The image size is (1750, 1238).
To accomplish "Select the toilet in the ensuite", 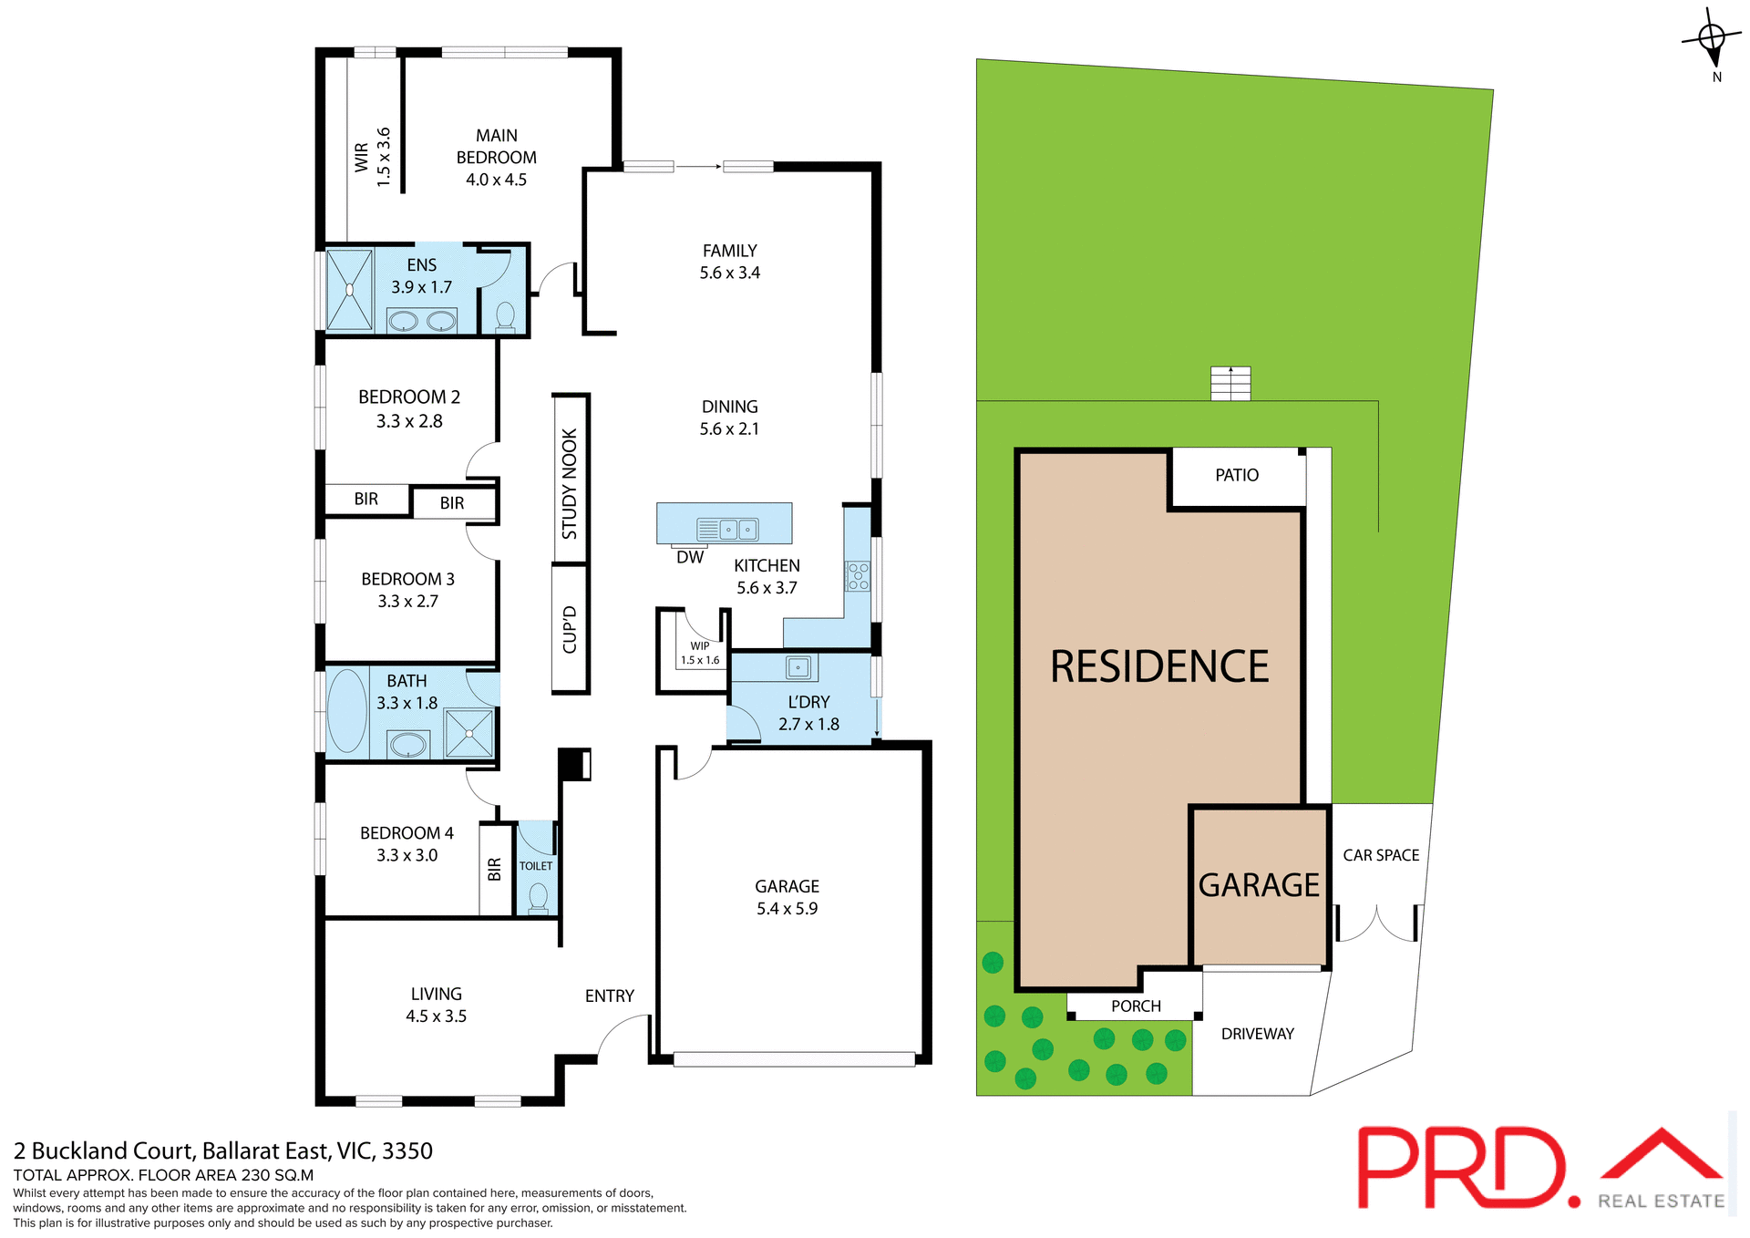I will (505, 315).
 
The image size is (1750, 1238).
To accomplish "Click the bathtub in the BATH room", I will (346, 711).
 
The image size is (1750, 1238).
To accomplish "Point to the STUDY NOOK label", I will (570, 483).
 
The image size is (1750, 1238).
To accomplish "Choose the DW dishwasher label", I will (690, 557).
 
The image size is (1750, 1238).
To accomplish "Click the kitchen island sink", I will (738, 529).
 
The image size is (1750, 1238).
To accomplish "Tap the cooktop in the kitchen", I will (858, 576).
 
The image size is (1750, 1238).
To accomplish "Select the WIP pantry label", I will (700, 645).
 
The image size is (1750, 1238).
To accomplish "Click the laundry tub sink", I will (798, 667).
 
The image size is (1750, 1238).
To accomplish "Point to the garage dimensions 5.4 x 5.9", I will (787, 909).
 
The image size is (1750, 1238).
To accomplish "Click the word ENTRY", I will (609, 996).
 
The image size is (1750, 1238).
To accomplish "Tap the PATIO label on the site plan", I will (1236, 475).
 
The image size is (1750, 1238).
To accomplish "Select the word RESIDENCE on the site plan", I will (1159, 667).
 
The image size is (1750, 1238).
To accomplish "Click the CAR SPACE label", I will (1380, 855).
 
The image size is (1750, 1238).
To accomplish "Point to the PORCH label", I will (1136, 1006).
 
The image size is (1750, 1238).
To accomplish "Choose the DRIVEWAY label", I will (1257, 1034).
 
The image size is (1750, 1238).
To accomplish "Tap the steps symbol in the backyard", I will (1230, 383).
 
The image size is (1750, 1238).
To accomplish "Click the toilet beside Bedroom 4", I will (538, 896).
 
